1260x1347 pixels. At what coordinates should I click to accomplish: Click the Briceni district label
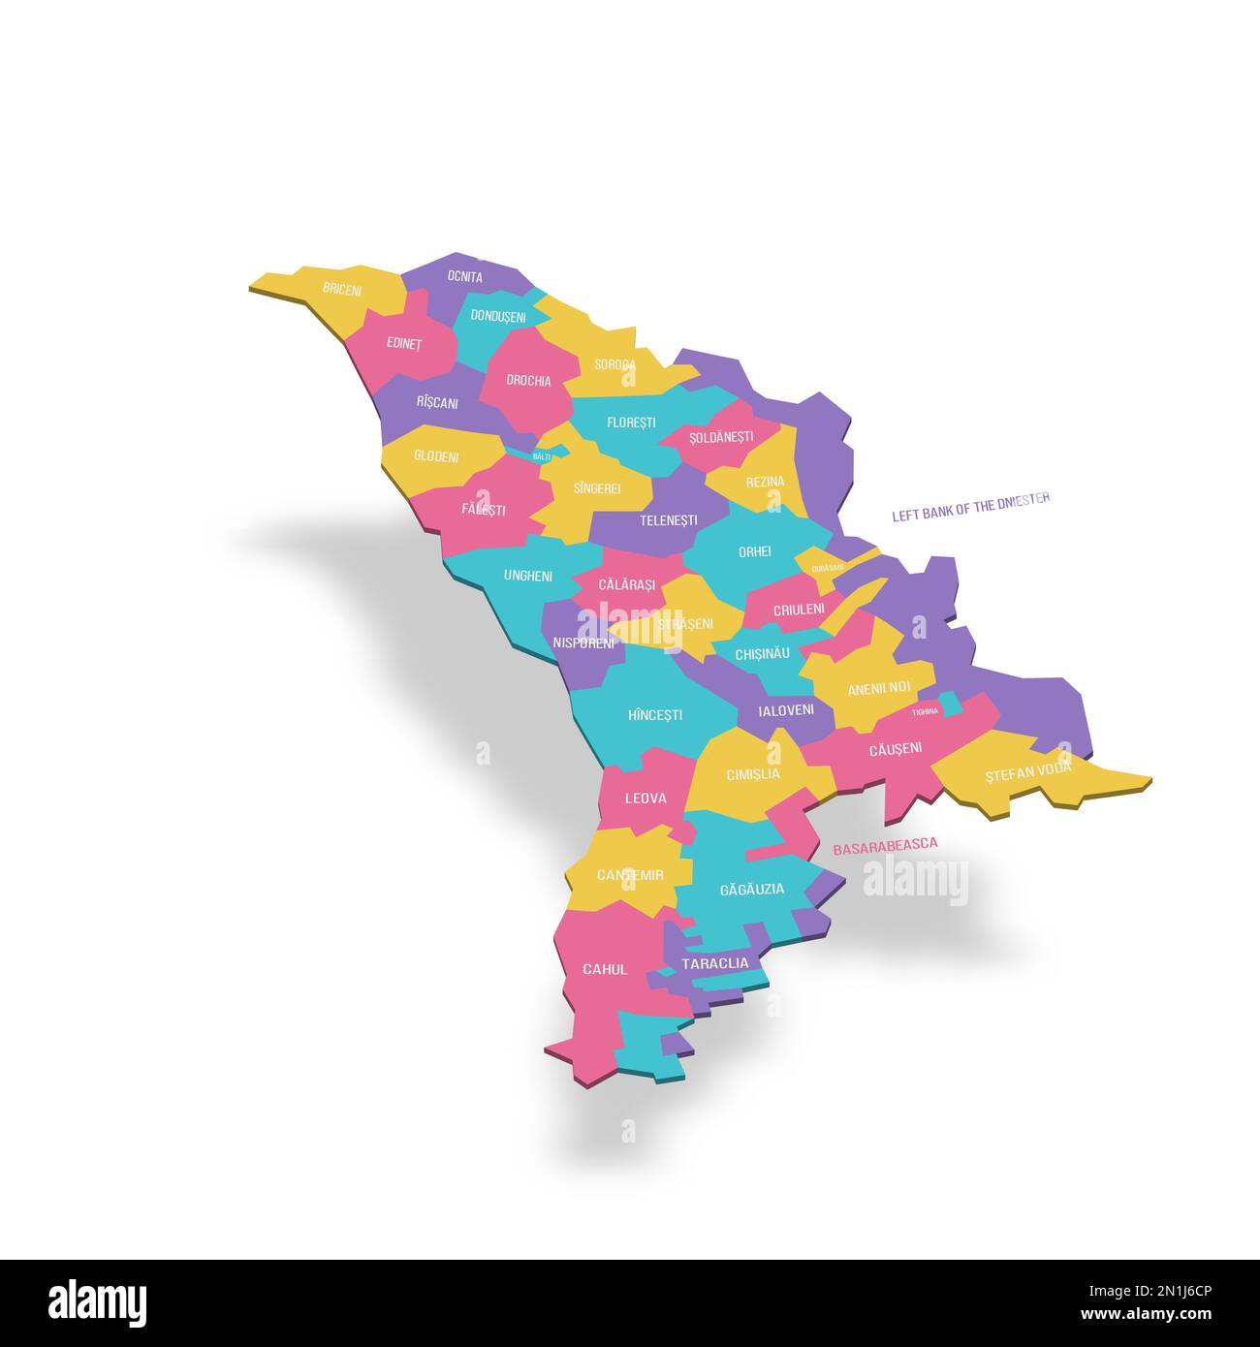(342, 290)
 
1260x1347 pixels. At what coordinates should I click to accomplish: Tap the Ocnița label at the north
(465, 277)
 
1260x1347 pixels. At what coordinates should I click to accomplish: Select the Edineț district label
(403, 343)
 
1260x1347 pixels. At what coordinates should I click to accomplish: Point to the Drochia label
(528, 381)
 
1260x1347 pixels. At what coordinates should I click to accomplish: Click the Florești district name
(631, 423)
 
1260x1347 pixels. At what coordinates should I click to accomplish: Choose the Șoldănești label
(721, 437)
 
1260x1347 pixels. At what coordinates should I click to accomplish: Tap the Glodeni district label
(436, 456)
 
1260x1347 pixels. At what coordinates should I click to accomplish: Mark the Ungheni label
(528, 576)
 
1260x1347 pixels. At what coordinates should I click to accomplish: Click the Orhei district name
(755, 551)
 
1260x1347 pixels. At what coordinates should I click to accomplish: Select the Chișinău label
(763, 654)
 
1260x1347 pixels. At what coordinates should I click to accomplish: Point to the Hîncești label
(655, 715)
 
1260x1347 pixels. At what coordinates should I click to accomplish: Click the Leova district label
(646, 799)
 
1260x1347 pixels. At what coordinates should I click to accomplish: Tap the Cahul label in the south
(605, 969)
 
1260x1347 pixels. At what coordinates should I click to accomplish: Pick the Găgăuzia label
(752, 890)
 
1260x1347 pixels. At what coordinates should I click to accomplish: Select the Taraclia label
(715, 963)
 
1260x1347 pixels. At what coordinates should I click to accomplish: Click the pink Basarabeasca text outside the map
(885, 845)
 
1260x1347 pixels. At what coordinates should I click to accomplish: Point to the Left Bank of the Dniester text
(971, 508)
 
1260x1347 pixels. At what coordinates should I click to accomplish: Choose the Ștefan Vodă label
(1028, 771)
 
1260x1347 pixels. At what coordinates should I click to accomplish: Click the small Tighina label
(925, 711)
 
